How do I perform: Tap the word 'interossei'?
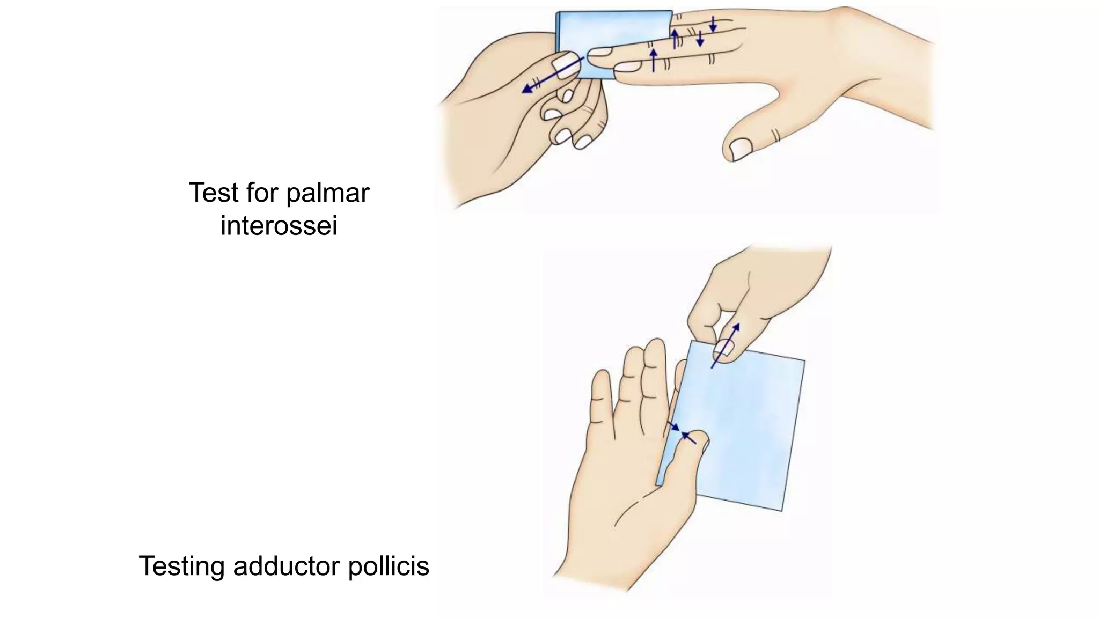(x=279, y=225)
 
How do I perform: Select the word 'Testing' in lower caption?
(x=181, y=566)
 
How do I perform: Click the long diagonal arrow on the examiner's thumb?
(x=553, y=75)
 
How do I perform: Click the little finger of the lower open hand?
(x=600, y=397)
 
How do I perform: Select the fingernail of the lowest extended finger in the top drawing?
(x=627, y=67)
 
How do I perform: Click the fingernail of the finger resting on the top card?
(x=600, y=51)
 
